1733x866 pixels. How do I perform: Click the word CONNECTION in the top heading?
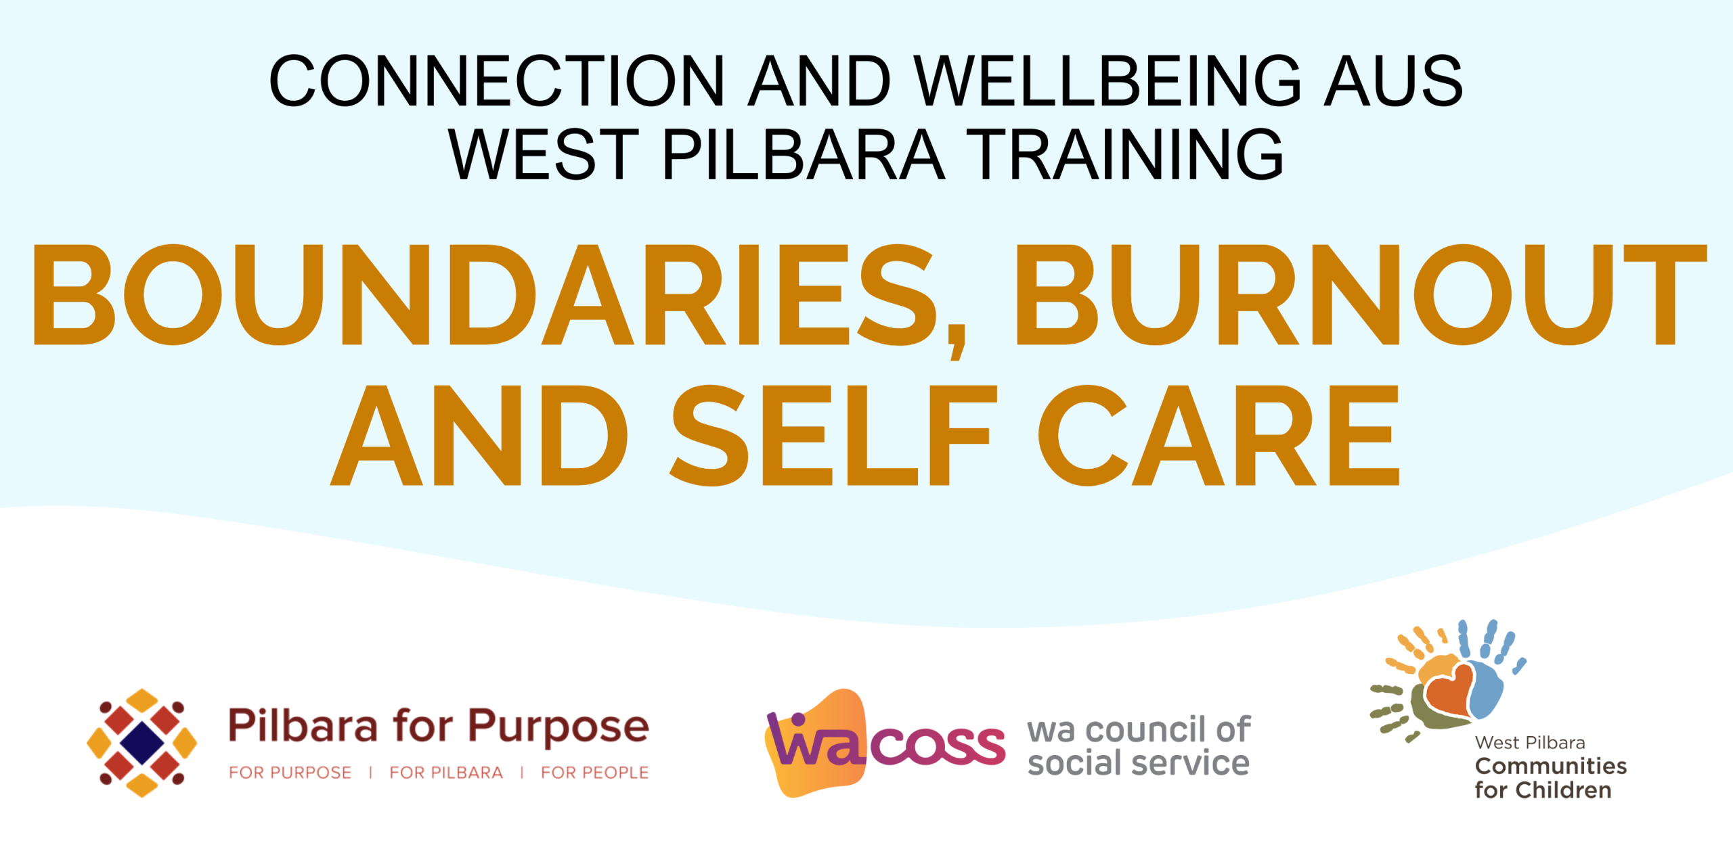498,81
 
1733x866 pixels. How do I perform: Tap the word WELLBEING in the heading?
1107,81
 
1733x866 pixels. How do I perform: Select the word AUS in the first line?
1394,81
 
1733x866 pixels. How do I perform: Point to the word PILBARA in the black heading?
803,154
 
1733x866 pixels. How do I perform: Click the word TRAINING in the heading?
1124,154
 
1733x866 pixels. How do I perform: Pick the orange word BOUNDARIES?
485,295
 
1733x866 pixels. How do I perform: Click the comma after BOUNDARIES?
957,342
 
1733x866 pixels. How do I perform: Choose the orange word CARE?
1219,435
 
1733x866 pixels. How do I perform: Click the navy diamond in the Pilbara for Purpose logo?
141,743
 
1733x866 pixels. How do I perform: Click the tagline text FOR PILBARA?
446,773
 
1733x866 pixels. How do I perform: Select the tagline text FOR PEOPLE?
594,773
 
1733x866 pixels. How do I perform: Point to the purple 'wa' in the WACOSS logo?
816,740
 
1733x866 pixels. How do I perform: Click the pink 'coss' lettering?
938,746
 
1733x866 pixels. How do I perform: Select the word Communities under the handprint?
1550,766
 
